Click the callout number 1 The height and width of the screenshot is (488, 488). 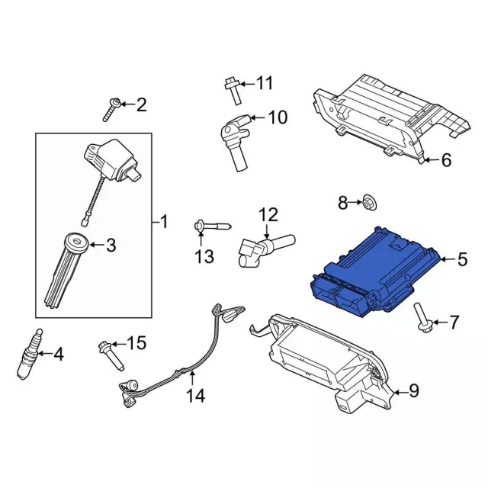point(163,223)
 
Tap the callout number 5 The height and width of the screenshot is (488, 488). point(462,260)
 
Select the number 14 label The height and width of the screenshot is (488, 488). point(196,396)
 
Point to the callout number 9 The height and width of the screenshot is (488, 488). point(414,391)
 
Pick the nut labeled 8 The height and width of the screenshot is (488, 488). point(368,202)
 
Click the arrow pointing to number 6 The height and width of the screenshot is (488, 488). point(429,160)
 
